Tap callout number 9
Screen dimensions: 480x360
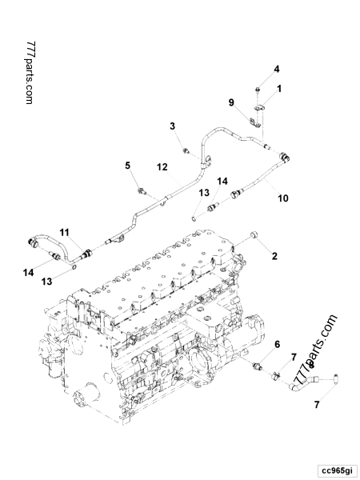coord(231,102)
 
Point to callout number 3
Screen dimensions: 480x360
coord(172,126)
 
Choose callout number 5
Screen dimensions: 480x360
coord(126,166)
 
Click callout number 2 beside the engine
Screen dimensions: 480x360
coord(274,256)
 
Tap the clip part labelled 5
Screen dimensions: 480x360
coord(142,190)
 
